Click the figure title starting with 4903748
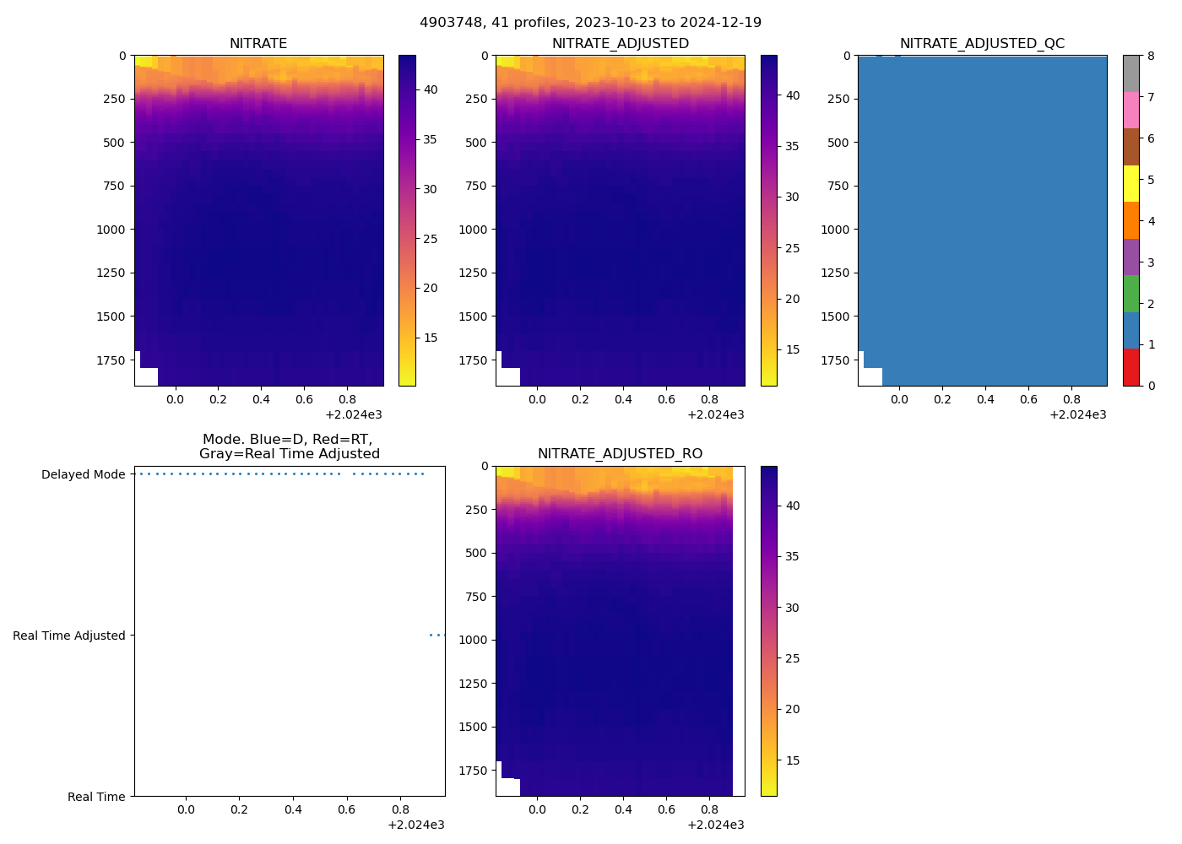(x=590, y=23)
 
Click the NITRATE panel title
(x=258, y=44)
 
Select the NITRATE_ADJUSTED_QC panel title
(x=982, y=44)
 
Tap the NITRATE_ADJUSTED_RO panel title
(x=620, y=454)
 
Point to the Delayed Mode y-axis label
(x=83, y=474)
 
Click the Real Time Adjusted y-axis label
(x=69, y=636)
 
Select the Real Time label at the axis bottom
(x=96, y=797)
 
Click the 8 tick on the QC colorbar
(x=1151, y=56)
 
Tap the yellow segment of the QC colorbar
(x=1130, y=184)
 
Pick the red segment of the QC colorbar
(x=1130, y=367)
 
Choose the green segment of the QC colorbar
(x=1130, y=294)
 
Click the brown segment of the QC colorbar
(x=1130, y=147)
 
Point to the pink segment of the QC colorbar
(x=1130, y=111)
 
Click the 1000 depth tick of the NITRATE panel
(x=111, y=230)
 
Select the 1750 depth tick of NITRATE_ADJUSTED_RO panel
(x=472, y=771)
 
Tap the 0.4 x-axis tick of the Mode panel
(x=293, y=809)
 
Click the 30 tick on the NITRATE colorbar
(x=430, y=189)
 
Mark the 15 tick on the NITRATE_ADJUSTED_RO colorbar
(x=792, y=760)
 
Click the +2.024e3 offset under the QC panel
(x=1077, y=414)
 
